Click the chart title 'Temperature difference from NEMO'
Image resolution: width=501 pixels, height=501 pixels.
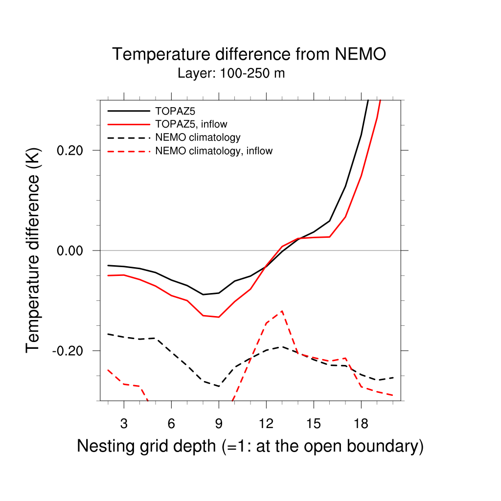click(x=249, y=54)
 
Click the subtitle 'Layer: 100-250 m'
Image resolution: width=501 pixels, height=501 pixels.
click(x=231, y=74)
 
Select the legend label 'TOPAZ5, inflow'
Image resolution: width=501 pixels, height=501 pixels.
click(x=191, y=124)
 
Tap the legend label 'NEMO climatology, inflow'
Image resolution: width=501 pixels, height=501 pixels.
click(x=213, y=151)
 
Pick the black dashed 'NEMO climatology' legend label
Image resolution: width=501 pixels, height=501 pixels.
click(x=197, y=137)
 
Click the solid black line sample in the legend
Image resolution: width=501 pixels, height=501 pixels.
click(x=128, y=111)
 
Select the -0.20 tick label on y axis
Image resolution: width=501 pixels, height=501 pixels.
click(x=69, y=351)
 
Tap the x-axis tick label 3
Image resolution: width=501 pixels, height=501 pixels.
click(x=124, y=424)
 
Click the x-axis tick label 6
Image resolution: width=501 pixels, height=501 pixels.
click(x=171, y=424)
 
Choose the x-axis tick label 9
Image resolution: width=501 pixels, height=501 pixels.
click(x=219, y=424)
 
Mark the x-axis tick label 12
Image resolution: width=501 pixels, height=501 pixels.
click(x=266, y=424)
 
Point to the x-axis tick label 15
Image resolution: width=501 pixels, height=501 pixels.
click(x=314, y=424)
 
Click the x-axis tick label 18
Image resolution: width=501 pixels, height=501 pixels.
click(x=361, y=424)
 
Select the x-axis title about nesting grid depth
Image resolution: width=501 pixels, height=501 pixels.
click(x=250, y=446)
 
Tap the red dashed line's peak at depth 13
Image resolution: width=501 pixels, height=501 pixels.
click(x=282, y=311)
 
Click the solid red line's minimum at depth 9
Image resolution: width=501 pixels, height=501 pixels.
click(x=219, y=317)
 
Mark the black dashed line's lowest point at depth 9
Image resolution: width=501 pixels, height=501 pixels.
click(x=219, y=387)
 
